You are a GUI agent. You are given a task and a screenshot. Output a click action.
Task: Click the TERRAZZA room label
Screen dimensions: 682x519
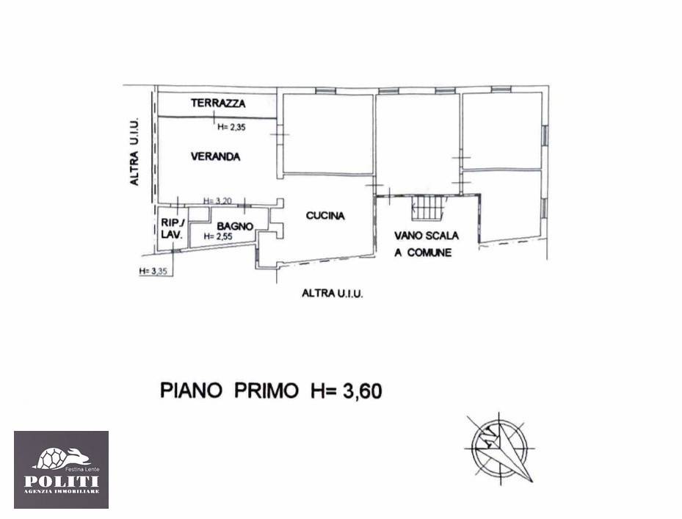point(218,103)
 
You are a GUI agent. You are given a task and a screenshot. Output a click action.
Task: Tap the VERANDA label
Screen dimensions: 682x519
point(215,156)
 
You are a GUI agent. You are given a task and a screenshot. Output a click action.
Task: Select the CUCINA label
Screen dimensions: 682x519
point(325,215)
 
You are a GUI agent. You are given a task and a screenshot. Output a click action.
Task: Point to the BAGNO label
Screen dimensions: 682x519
point(235,226)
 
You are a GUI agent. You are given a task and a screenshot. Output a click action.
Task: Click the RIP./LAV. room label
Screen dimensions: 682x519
point(173,228)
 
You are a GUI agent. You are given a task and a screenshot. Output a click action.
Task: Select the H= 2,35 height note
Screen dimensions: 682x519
point(232,128)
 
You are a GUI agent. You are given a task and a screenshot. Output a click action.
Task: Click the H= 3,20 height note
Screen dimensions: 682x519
point(217,201)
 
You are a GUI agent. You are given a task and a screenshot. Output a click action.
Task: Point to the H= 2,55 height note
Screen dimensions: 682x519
point(218,236)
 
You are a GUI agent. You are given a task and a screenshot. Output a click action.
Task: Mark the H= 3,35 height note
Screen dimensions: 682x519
point(153,271)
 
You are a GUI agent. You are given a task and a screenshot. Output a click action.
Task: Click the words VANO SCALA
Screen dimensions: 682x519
point(427,236)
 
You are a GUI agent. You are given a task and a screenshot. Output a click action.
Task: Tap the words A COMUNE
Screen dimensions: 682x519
point(423,253)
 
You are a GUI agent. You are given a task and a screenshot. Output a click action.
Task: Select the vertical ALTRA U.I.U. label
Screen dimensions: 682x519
point(134,151)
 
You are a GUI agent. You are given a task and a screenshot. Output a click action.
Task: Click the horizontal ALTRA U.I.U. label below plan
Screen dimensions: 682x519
point(333,294)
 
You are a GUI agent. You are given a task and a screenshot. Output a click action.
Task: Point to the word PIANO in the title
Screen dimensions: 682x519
point(191,391)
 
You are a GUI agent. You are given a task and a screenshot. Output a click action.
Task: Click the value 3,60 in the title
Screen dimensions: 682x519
point(363,391)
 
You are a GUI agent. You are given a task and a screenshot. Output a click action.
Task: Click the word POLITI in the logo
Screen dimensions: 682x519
point(62,481)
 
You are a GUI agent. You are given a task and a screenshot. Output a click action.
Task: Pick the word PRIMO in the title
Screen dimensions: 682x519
point(266,391)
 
